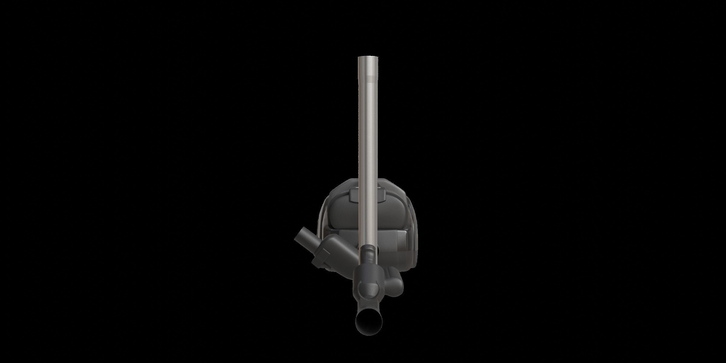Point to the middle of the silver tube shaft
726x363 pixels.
pos(367,151)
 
